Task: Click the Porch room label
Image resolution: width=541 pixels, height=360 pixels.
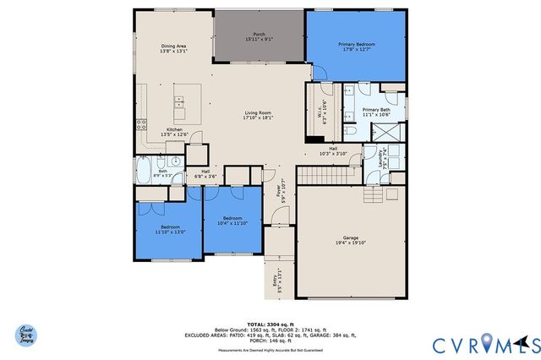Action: [x=259, y=36]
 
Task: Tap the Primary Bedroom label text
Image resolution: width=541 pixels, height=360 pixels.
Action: [x=357, y=46]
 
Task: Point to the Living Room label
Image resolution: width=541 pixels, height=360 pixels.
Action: [x=258, y=115]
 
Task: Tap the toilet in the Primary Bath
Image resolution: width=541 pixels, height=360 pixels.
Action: [x=350, y=134]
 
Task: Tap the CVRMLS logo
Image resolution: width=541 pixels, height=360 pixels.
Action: [x=486, y=343]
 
